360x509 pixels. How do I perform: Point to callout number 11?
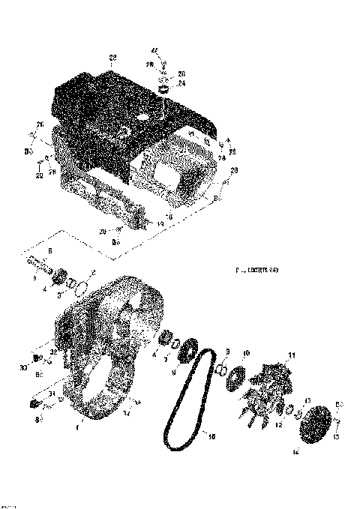click(292, 355)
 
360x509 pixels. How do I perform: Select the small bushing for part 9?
click(222, 370)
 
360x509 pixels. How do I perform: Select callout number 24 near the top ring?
click(181, 84)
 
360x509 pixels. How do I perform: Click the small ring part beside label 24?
click(160, 88)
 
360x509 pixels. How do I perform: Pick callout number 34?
click(126, 412)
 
